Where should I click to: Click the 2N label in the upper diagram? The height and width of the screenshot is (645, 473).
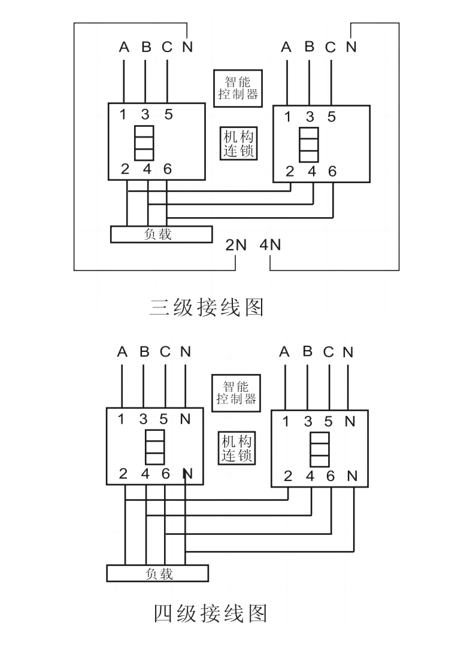236,245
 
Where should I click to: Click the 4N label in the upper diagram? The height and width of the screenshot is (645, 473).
270,245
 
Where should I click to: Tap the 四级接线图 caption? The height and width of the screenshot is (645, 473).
210,613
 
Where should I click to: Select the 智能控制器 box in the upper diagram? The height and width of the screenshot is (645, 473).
238,88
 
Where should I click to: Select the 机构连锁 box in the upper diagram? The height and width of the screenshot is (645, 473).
238,144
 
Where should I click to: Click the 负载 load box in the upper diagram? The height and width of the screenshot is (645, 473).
161,234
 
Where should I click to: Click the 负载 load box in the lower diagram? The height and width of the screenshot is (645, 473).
158,573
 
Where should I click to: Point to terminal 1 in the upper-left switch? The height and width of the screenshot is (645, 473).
123,114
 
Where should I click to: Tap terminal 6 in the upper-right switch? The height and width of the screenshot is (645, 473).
332,172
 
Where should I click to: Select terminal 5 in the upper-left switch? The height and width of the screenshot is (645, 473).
168,114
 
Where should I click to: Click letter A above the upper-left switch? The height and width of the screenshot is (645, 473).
124,47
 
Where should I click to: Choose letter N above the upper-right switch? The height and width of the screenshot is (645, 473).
351,47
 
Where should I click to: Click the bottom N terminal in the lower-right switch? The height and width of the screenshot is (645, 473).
352,477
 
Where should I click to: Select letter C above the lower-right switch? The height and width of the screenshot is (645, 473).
328,352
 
